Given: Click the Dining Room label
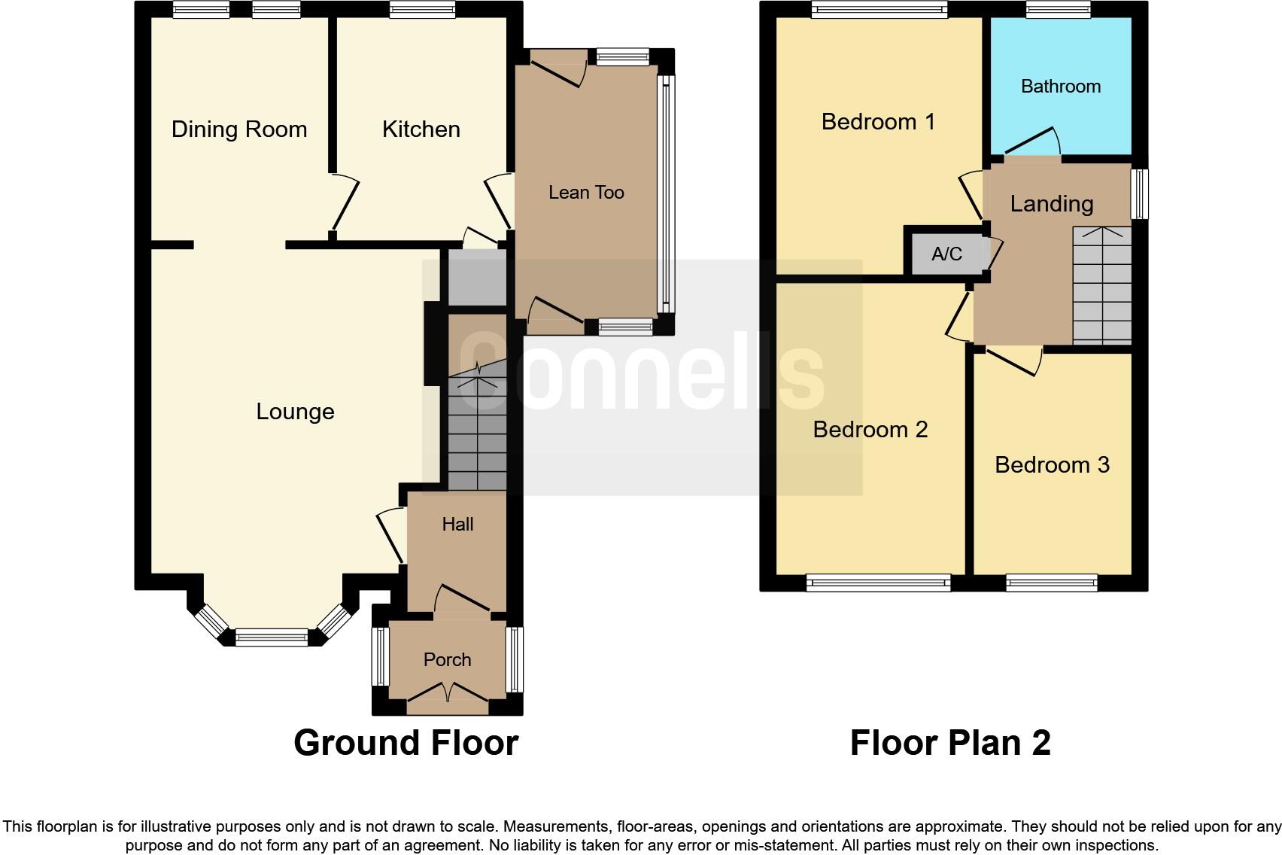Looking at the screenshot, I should (x=239, y=129).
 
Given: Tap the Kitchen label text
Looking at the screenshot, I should (x=421, y=129).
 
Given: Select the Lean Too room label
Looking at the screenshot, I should (x=586, y=193).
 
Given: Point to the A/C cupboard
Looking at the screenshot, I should (x=946, y=254).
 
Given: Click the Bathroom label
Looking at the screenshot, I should (x=1060, y=87).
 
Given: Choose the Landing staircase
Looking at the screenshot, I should (x=1101, y=286).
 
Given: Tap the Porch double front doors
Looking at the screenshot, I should (x=448, y=692).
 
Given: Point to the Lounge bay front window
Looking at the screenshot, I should (x=272, y=637).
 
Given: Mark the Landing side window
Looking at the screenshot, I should (x=1140, y=193).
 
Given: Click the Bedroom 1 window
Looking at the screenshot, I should (x=879, y=10).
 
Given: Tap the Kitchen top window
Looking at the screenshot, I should (x=422, y=10).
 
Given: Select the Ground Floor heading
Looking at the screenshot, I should (x=406, y=743).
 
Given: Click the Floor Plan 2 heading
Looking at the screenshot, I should (x=949, y=743).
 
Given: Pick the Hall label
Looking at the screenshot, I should (x=457, y=525).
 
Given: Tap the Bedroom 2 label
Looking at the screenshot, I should (x=870, y=430).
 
